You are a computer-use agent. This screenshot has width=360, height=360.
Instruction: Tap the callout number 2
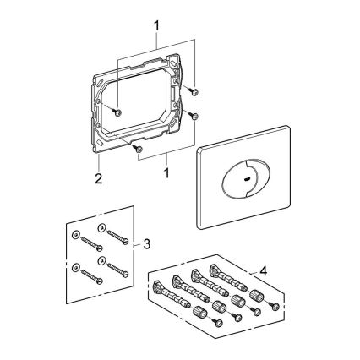[99, 178]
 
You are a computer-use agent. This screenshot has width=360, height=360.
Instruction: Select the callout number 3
[146, 244]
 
